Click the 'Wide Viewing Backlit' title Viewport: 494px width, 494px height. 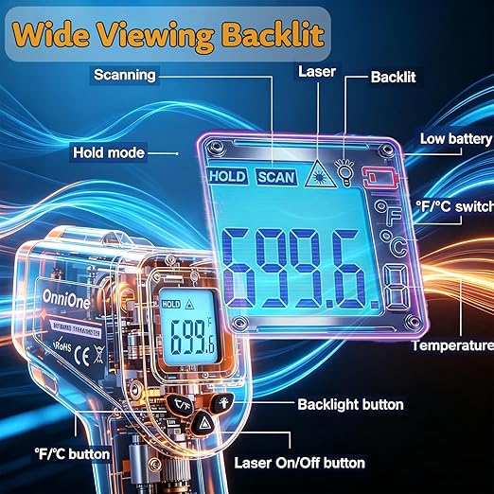pos(168,34)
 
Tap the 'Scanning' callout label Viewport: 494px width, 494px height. pos(125,75)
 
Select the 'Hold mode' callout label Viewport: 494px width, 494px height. pos(109,152)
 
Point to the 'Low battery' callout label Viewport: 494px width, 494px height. pos(456,139)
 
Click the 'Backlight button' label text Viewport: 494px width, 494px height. pos(350,405)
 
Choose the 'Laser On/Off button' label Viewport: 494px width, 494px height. pos(300,463)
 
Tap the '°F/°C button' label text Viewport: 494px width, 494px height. pos(72,454)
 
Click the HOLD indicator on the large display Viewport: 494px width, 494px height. pos(227,176)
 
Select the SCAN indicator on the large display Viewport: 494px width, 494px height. pos(276,177)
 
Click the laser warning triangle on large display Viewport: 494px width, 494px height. pos(320,174)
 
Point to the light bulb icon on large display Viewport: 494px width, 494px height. pos(345,172)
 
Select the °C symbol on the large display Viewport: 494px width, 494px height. pos(394,243)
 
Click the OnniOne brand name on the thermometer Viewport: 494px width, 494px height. pos(65,299)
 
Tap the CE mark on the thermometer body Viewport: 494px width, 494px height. pos(81,355)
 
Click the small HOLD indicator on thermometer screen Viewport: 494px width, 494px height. pos(171,305)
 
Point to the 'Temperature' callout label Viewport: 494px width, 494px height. pos(453,345)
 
